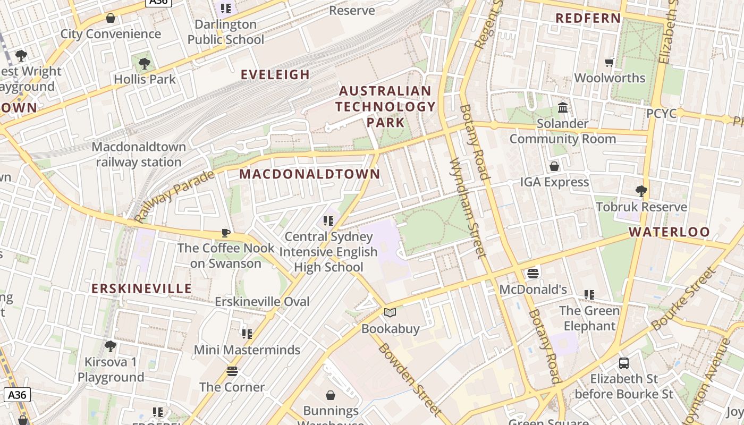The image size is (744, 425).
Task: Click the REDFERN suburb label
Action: click(x=588, y=18)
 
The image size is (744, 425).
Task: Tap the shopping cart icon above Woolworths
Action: click(x=610, y=62)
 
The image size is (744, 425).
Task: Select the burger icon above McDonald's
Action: click(x=533, y=274)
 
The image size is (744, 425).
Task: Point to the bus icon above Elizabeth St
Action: click(x=624, y=363)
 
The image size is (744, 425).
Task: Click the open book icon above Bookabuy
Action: click(x=390, y=312)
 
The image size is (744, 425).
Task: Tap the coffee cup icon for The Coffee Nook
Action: click(x=226, y=232)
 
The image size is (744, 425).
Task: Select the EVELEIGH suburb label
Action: click(x=275, y=74)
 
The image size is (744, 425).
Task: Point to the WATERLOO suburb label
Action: click(x=669, y=232)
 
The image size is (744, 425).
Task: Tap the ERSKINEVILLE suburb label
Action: click(x=141, y=288)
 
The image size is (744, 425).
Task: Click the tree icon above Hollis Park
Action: click(x=144, y=64)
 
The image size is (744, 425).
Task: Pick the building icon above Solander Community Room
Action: click(x=562, y=108)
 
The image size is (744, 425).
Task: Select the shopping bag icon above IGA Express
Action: click(x=554, y=166)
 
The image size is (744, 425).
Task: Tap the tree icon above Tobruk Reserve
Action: click(x=641, y=191)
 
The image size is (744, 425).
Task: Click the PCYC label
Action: click(x=661, y=113)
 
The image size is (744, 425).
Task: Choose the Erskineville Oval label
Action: click(x=262, y=301)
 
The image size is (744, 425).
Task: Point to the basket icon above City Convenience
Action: click(x=111, y=19)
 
